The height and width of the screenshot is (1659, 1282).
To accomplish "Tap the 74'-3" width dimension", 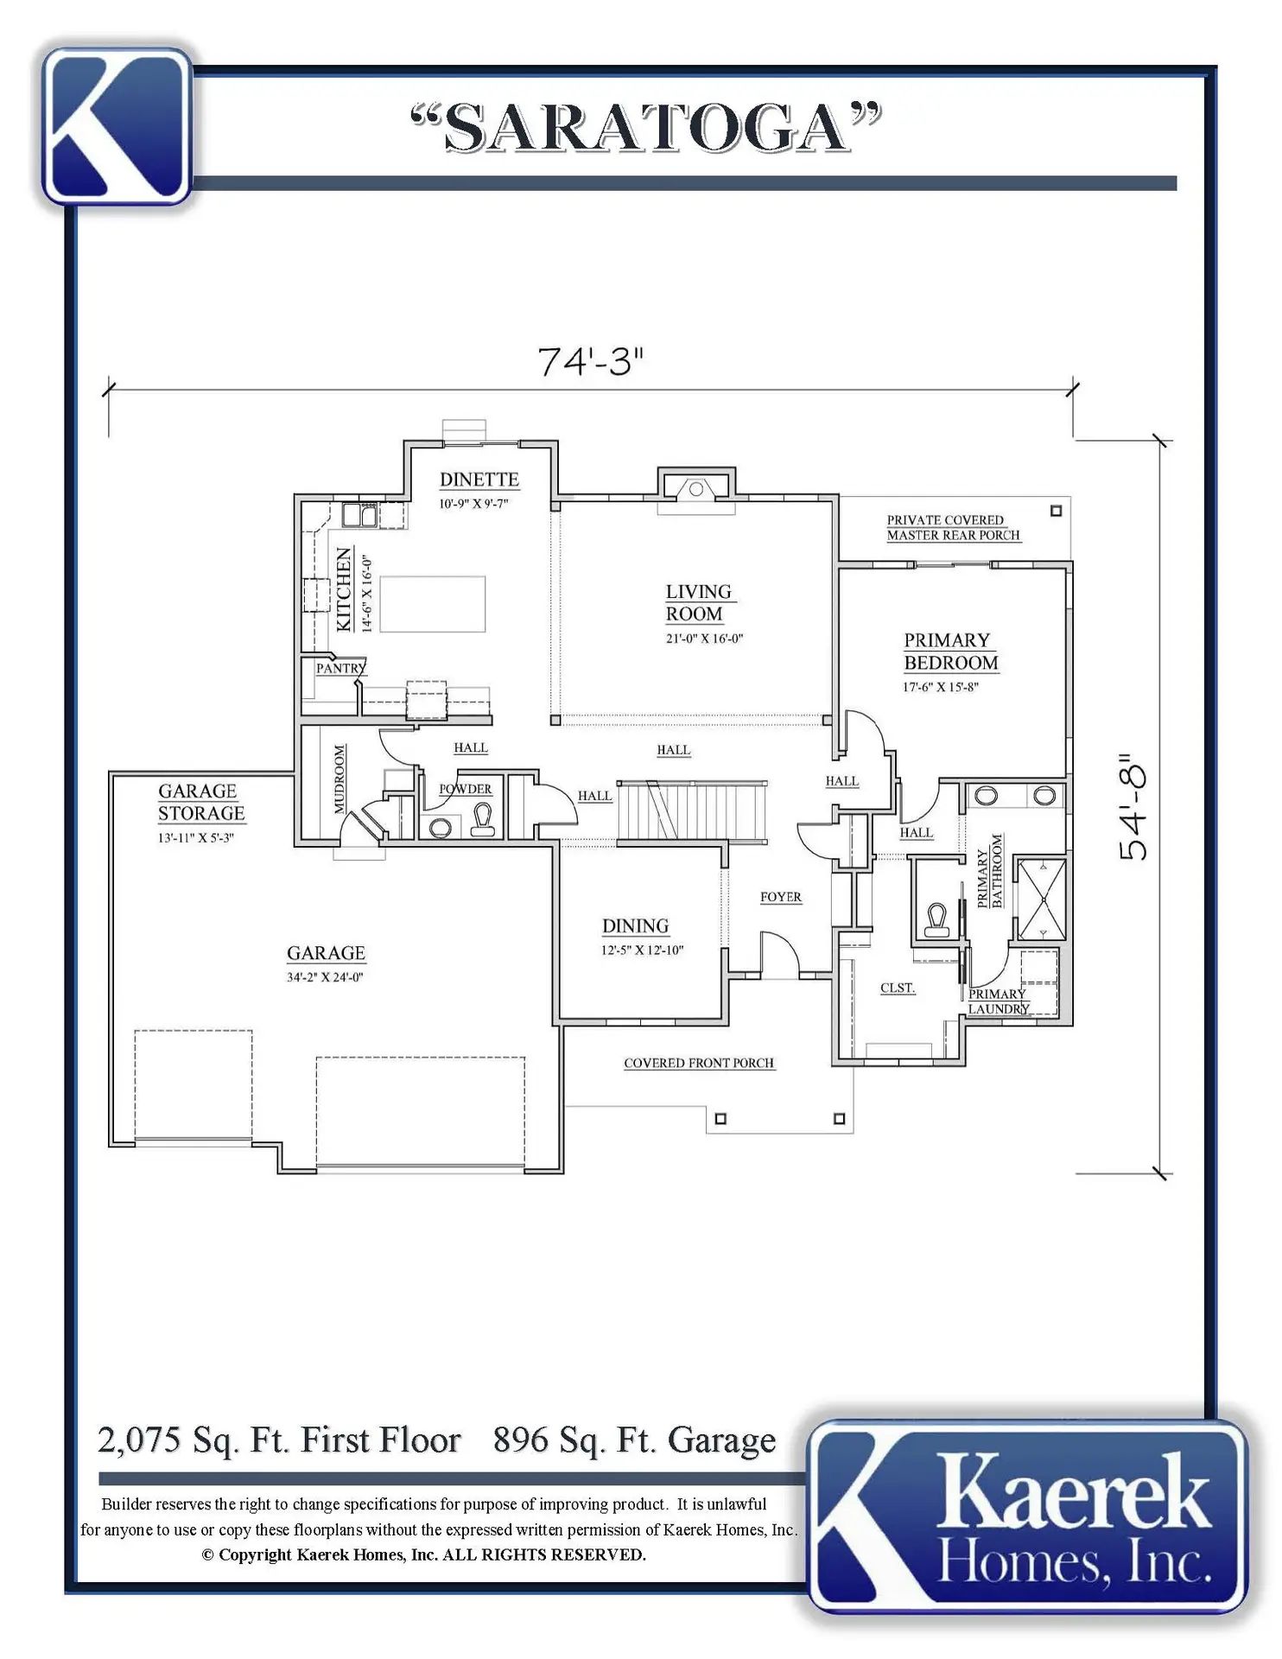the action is (x=591, y=362).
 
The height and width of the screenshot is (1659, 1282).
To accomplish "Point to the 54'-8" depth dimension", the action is (x=1133, y=805).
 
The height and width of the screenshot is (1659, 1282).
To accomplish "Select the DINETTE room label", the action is (x=479, y=480).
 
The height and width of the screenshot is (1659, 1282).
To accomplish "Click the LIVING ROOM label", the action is (x=698, y=603).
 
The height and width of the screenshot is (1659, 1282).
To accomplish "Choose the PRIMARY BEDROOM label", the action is (x=950, y=652).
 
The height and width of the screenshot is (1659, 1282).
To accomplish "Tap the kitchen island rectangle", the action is (x=433, y=604).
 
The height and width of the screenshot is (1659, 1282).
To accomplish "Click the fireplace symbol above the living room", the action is (x=695, y=489).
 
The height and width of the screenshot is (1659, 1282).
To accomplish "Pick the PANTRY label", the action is (x=340, y=668).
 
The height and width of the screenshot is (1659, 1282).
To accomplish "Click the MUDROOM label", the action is (x=340, y=779).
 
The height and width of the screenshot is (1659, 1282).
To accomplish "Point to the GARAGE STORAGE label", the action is (x=201, y=802).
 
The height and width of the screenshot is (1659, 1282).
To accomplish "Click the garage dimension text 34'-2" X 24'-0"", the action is (x=325, y=977).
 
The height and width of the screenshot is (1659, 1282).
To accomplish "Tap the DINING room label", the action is (x=636, y=926).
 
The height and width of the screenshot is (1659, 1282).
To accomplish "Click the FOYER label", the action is (x=781, y=897).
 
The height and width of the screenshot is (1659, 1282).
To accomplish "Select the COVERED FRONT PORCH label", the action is (x=699, y=1063).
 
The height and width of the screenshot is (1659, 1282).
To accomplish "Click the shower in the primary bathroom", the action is (x=1041, y=899).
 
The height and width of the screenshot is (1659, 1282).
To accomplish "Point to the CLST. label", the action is (x=898, y=988).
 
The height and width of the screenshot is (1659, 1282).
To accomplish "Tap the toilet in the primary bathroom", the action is (x=936, y=919).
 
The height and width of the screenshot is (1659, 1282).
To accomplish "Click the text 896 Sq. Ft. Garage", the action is (x=635, y=1440).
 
